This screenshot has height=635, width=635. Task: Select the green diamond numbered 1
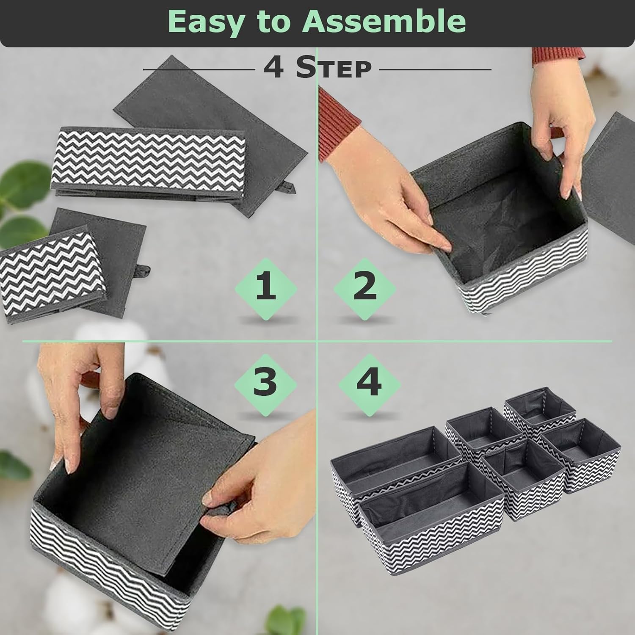(266, 288)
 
